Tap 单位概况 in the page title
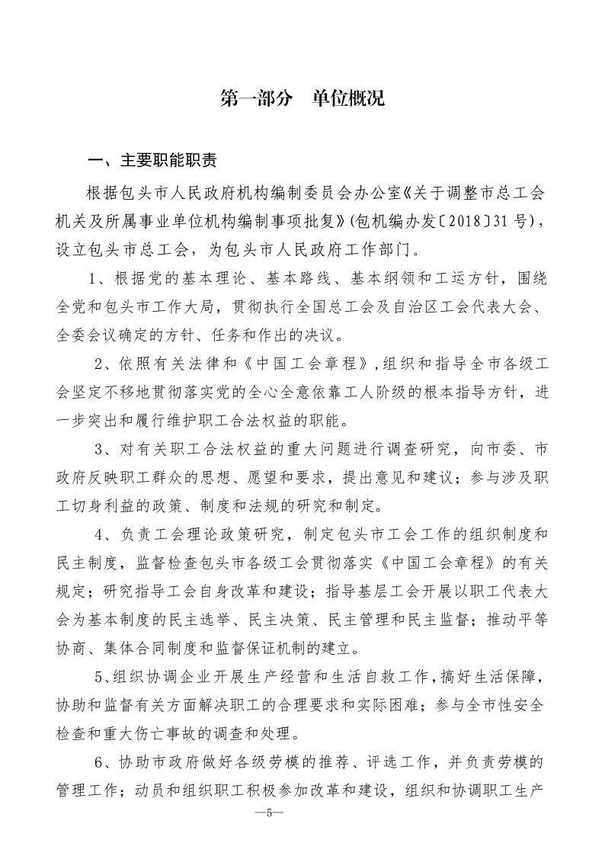348,98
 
